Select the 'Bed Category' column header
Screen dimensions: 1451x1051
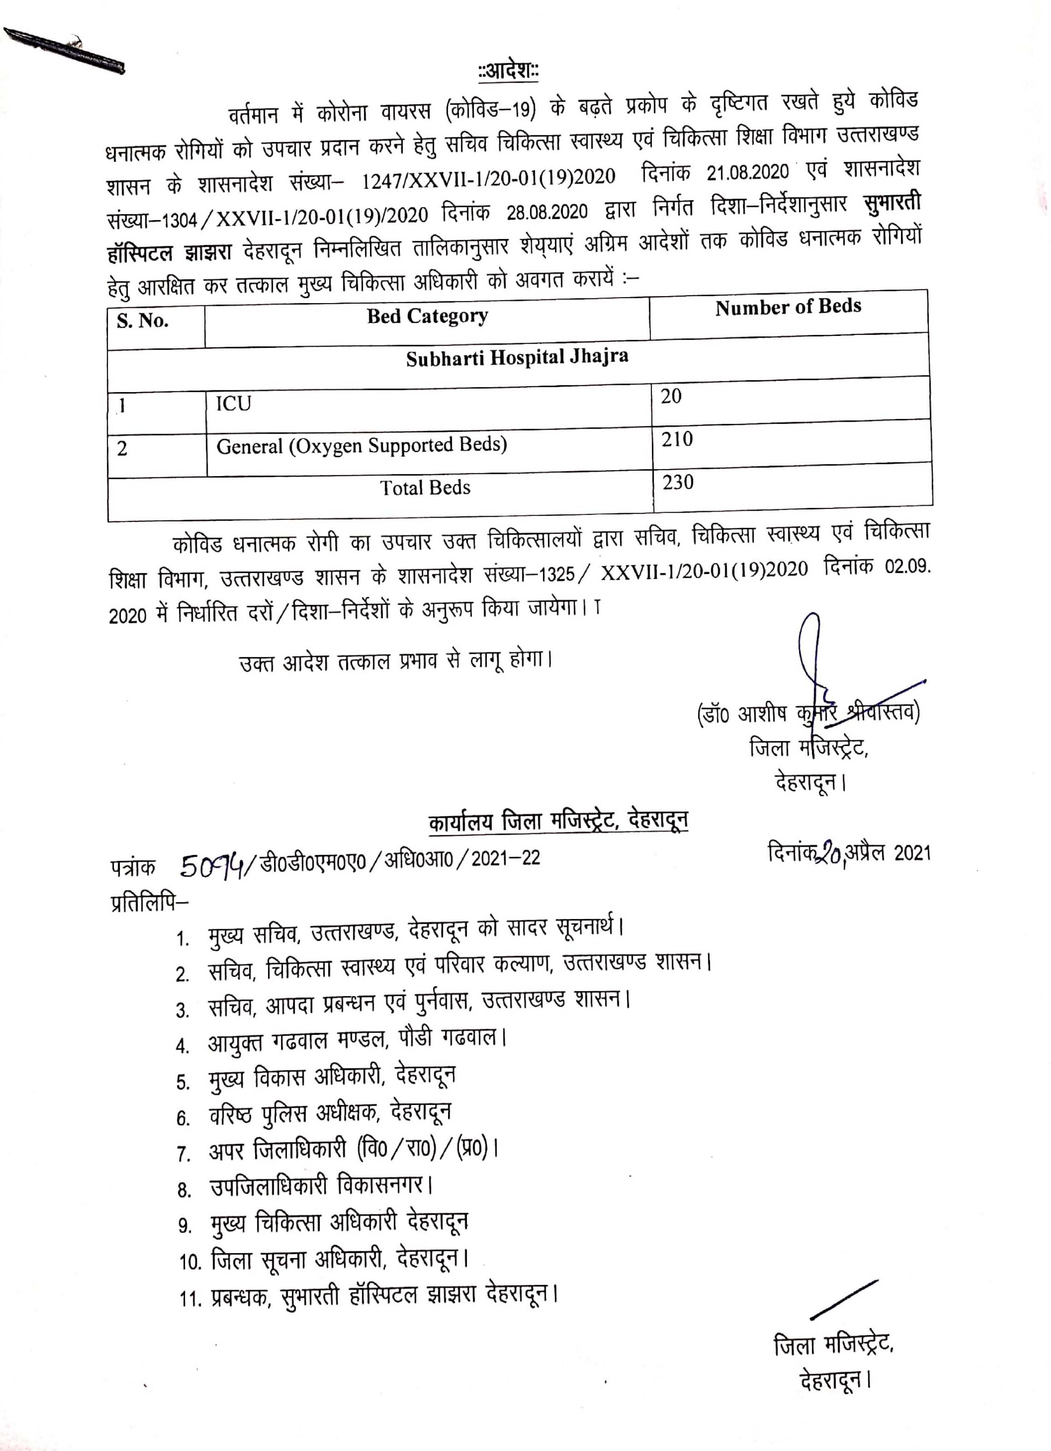pyautogui.click(x=427, y=316)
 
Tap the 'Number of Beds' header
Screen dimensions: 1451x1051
pyautogui.click(x=788, y=307)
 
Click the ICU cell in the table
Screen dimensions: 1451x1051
pyautogui.click(x=233, y=404)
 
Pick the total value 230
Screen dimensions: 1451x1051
pyautogui.click(x=677, y=482)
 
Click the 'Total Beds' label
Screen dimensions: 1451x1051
pyautogui.click(x=425, y=488)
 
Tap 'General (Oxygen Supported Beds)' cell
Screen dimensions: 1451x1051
pyautogui.click(x=361, y=445)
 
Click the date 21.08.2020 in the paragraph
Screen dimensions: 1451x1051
pyautogui.click(x=746, y=172)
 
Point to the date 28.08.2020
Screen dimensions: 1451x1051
pyautogui.click(x=546, y=212)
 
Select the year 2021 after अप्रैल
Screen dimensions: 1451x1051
pyautogui.click(x=912, y=853)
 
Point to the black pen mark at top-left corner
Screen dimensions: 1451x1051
pyautogui.click(x=64, y=50)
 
